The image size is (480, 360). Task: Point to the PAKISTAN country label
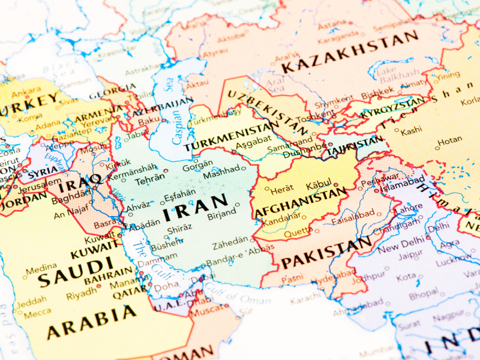point(326,254)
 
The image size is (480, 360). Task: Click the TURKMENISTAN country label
point(230,137)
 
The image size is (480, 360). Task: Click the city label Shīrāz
point(180,229)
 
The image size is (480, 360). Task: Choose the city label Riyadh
point(82,295)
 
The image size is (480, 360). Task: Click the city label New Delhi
point(397,248)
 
